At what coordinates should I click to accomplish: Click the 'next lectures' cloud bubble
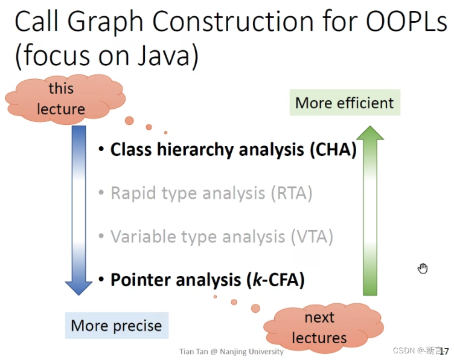coord(319,327)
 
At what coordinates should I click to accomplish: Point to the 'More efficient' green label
coord(344,103)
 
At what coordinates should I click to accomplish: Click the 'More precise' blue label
coord(117,326)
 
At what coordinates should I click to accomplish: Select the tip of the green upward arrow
coord(379,127)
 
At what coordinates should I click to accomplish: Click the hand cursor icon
coord(423,268)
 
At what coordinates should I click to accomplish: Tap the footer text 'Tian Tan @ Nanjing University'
coord(231,352)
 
